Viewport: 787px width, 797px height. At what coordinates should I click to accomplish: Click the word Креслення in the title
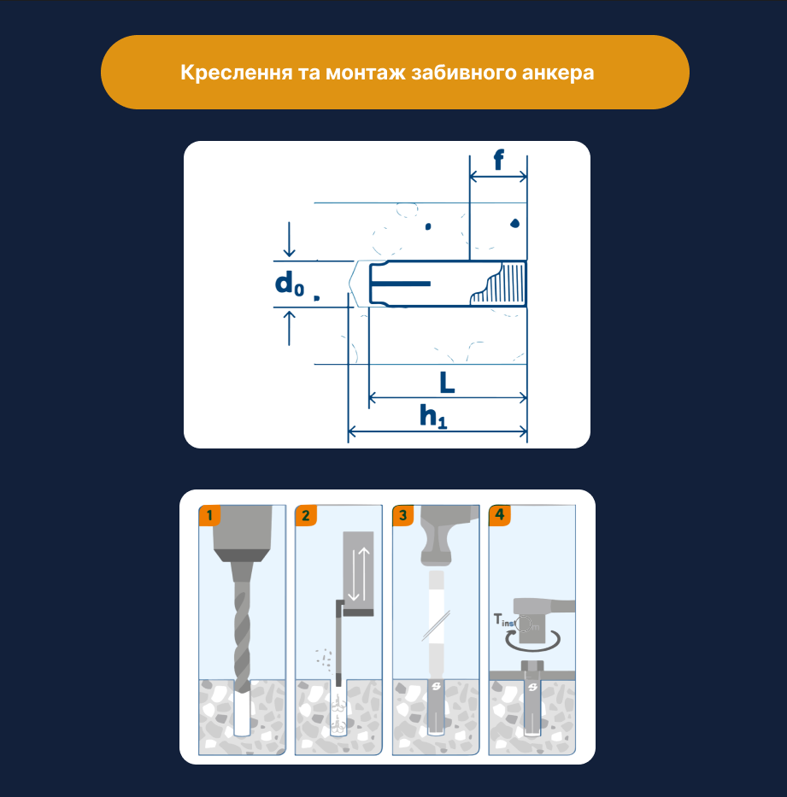tap(237, 73)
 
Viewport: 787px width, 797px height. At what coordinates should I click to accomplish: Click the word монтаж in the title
tap(366, 73)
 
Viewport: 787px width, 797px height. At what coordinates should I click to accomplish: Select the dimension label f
tap(499, 160)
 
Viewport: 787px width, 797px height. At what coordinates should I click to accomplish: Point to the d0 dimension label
tap(290, 283)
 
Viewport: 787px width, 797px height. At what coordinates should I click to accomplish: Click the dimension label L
tap(447, 382)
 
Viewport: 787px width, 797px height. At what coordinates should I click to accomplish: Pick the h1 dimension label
tap(433, 416)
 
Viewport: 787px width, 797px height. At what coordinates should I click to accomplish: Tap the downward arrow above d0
tap(290, 239)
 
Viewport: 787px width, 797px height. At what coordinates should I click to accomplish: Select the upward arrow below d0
tap(290, 328)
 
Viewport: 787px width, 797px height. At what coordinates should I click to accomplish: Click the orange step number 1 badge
tap(209, 515)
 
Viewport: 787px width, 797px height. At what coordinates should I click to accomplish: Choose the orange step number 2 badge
tap(306, 515)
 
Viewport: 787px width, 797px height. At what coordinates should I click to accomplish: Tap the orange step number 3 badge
tap(403, 515)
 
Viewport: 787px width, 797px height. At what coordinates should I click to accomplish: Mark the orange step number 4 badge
tap(500, 515)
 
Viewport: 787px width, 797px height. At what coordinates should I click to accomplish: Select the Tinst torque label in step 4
tap(504, 619)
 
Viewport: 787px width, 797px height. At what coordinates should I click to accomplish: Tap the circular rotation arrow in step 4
tap(532, 642)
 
